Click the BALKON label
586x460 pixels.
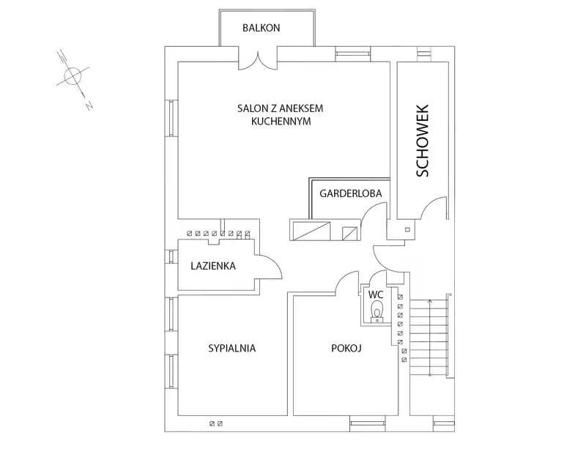[x=261, y=28]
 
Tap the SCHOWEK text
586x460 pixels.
[x=423, y=141]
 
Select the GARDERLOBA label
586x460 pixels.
[x=351, y=193]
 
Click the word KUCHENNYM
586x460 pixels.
[x=281, y=122]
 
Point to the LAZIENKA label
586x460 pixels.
[x=213, y=266]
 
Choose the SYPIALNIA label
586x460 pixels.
[x=232, y=348]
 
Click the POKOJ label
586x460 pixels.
[x=346, y=348]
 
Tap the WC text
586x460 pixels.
[x=376, y=295]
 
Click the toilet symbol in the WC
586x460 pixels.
[x=377, y=312]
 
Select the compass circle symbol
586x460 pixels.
[x=73, y=76]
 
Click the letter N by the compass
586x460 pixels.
[x=89, y=105]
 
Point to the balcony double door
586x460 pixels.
[x=258, y=62]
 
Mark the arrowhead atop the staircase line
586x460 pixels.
[x=430, y=301]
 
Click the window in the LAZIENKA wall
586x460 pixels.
[x=171, y=256]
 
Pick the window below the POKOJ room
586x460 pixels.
[x=368, y=423]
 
